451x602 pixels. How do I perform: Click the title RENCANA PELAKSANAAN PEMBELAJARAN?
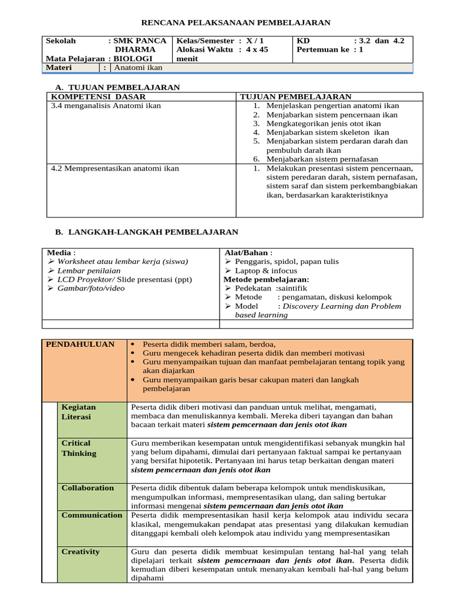(x=237, y=23)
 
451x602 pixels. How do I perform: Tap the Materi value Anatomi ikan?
(x=138, y=68)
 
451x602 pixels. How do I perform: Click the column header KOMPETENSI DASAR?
(x=98, y=96)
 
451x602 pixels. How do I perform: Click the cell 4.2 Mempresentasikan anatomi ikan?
(x=115, y=168)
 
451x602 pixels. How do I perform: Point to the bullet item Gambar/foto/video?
(x=91, y=288)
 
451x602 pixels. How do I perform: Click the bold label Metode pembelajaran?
(x=266, y=279)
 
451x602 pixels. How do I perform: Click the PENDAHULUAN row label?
(x=80, y=345)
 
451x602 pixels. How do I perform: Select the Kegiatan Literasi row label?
(x=79, y=412)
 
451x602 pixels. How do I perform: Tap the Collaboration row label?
(x=88, y=488)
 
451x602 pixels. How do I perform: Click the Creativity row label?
(x=81, y=551)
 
